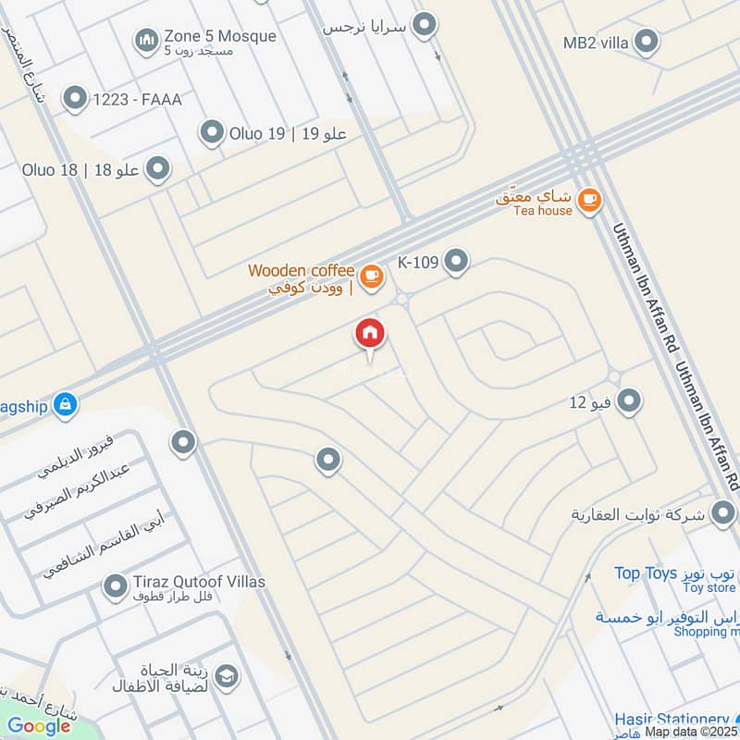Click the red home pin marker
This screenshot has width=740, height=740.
(x=370, y=334)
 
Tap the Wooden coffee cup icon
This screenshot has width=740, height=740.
(x=371, y=277)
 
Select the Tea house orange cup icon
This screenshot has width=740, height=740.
(x=588, y=198)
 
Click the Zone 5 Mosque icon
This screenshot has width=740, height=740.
(x=146, y=41)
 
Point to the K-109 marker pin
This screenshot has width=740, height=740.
(x=456, y=262)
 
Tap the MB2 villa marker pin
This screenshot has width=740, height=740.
(x=647, y=42)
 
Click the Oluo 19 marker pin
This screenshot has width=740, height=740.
(x=214, y=133)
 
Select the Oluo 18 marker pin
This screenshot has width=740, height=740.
(x=159, y=169)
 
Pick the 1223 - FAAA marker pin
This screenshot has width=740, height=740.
(x=74, y=97)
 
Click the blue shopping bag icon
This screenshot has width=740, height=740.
(x=65, y=404)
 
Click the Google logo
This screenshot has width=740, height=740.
(x=39, y=726)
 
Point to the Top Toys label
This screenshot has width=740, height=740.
(x=646, y=573)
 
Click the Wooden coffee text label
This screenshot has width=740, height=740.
(x=301, y=271)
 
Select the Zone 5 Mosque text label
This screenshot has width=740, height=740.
(x=219, y=36)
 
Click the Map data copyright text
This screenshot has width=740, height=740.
(x=692, y=732)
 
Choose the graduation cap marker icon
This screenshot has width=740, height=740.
(x=225, y=677)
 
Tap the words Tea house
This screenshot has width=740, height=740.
(x=543, y=210)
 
